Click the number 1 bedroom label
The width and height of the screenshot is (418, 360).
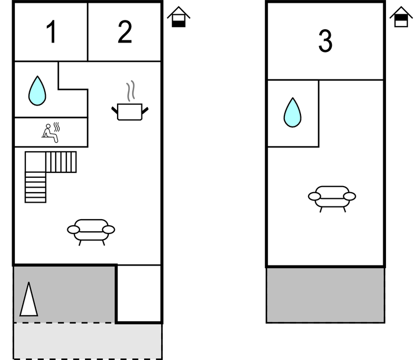[x=51, y=33]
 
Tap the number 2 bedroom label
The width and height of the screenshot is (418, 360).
[x=125, y=33]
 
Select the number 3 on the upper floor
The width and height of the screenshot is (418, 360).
[x=325, y=41]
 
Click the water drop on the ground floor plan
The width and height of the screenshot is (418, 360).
[x=37, y=91]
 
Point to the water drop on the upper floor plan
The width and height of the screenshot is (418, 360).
[x=292, y=113]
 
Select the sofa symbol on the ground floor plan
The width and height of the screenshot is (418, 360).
[x=91, y=230]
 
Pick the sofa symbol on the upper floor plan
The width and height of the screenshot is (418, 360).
[x=331, y=197]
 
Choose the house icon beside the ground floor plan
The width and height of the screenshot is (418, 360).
[x=178, y=17]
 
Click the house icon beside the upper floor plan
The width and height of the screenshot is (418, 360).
[x=401, y=17]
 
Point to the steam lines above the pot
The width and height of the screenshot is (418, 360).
[x=130, y=91]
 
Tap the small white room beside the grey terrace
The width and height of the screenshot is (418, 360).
[x=139, y=293]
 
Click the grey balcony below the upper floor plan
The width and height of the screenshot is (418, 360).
[x=325, y=295]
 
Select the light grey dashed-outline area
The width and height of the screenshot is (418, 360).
[x=87, y=341]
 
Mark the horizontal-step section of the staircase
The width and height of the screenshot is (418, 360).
[x=35, y=187]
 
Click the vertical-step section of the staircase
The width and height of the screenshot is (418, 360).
[x=61, y=162]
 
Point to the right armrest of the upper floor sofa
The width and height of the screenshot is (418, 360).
[x=349, y=196]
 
